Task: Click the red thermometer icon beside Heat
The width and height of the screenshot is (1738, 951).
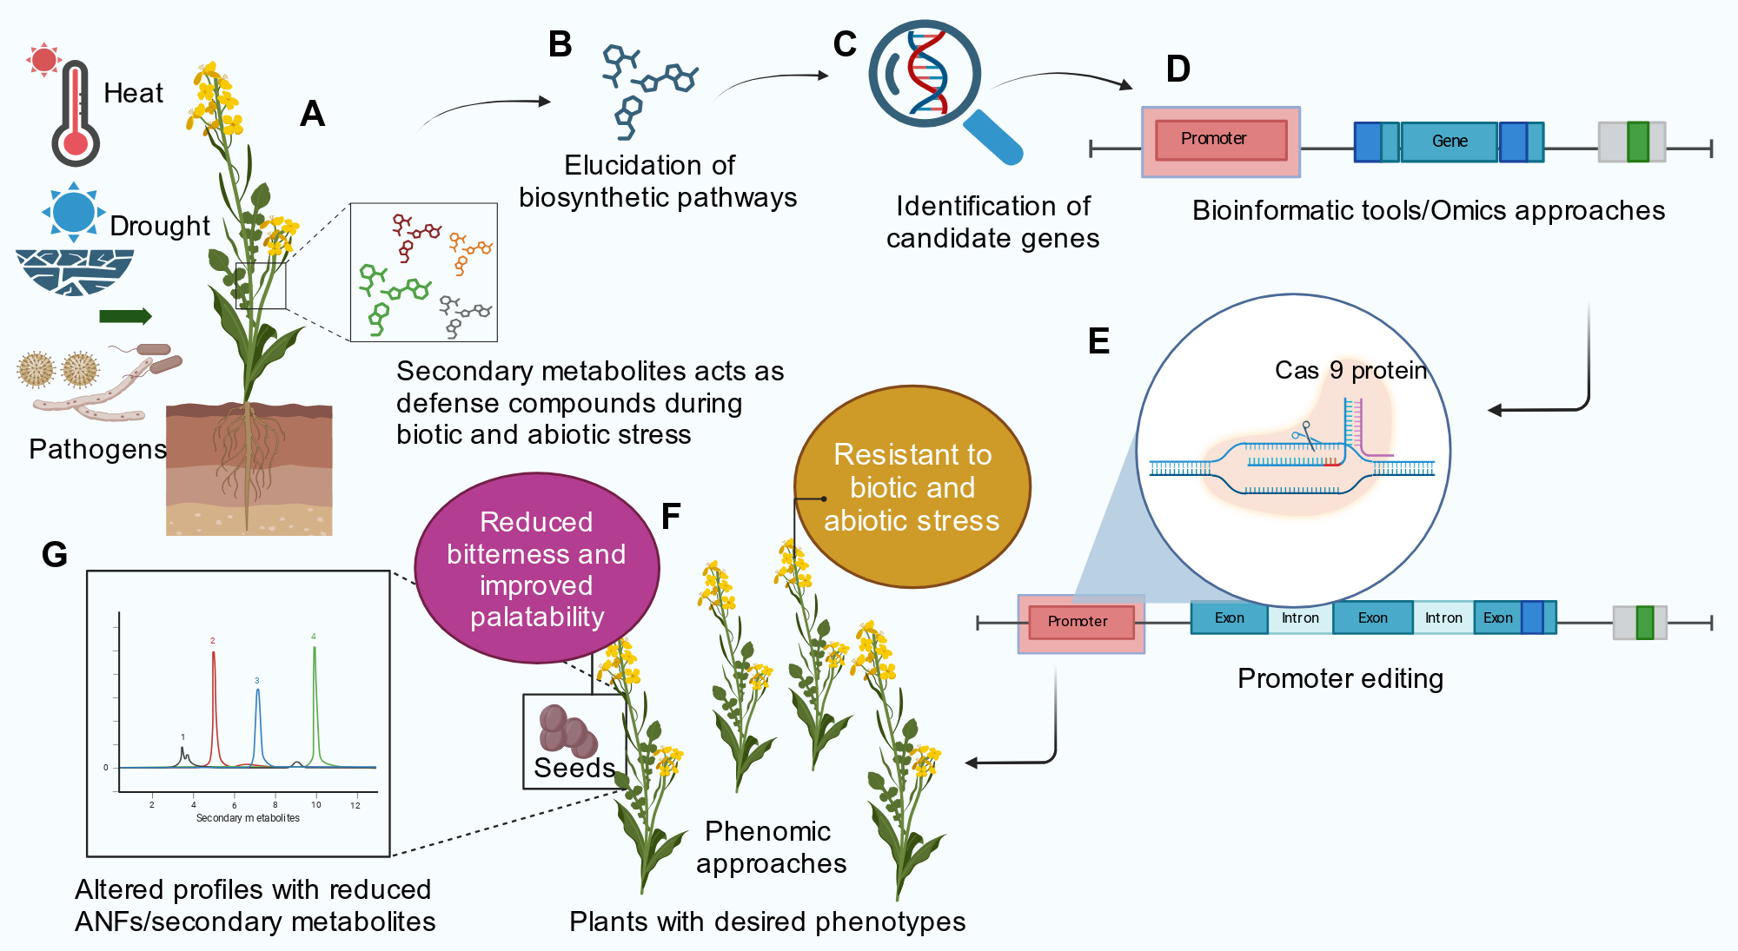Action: point(75,113)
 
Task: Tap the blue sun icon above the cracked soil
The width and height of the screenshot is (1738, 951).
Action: point(73,211)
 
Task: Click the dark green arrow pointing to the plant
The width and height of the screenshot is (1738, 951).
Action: point(125,316)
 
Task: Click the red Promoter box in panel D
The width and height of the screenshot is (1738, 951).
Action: point(1221,141)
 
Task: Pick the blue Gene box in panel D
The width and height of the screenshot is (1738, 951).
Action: point(1449,142)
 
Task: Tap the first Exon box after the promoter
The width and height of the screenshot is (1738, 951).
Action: point(1229,617)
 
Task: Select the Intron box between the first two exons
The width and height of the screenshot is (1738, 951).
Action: point(1300,617)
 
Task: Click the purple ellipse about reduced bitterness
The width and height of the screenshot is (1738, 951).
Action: point(537,568)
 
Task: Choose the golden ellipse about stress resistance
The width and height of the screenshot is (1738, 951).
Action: point(912,486)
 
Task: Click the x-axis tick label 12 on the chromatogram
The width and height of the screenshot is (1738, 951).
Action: point(355,806)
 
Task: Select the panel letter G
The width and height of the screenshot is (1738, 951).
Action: point(55,555)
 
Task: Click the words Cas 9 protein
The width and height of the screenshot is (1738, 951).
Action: point(1350,371)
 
